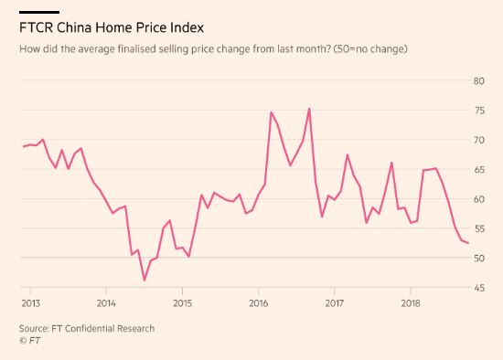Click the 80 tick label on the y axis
tap(477, 81)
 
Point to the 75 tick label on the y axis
tap(477, 111)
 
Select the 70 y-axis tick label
tap(477, 140)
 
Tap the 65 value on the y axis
tap(477, 170)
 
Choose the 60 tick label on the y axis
tap(477, 199)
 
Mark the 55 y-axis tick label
tap(477, 229)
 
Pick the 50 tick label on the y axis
tap(477, 259)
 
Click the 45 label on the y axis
tap(477, 288)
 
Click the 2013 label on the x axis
tap(30, 302)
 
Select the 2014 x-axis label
tap(106, 302)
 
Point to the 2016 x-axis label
tap(259, 302)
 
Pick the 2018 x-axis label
tap(411, 302)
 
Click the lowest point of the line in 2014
tap(144, 280)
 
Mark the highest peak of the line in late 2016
tap(309, 109)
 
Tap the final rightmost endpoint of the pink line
tap(468, 243)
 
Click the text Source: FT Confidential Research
tap(87, 327)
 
